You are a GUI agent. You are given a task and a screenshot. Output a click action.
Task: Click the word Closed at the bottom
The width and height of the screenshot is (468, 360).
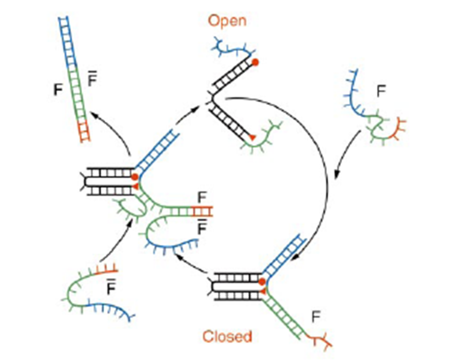tap(226, 336)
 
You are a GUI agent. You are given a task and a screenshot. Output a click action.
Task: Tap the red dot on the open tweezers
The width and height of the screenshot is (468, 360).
tap(255, 63)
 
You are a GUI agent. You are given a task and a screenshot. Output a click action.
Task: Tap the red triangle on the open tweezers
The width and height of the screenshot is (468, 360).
tap(252, 137)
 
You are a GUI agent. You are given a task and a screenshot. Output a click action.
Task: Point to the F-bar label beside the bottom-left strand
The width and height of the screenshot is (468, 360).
tap(110, 287)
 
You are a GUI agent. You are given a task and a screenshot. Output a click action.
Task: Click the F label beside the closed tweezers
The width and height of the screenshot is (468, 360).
tap(315, 316)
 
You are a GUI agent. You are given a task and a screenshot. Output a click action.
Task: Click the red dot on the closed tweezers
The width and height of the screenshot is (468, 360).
tap(262, 282)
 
